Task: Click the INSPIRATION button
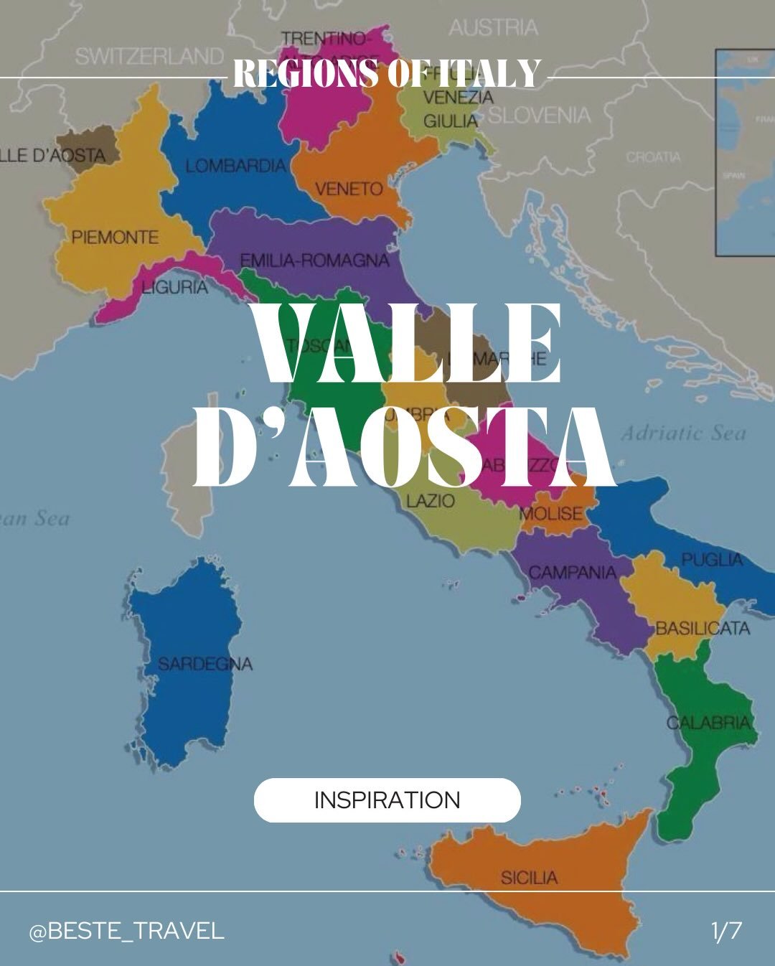[387, 799]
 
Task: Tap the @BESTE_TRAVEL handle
[126, 931]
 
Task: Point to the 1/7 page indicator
[726, 931]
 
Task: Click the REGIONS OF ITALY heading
[387, 73]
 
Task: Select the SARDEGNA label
[205, 664]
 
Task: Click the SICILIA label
[529, 877]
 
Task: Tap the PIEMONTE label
[115, 237]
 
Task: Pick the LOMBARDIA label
[235, 166]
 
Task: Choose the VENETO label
[349, 189]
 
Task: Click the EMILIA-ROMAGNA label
[314, 260]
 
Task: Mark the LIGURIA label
[174, 288]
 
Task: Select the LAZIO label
[431, 500]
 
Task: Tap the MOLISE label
[551, 513]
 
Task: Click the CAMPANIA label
[573, 572]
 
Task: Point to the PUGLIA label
[712, 559]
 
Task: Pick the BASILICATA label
[703, 629]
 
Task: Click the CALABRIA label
[708, 722]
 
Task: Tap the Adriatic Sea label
[683, 433]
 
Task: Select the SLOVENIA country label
[540, 115]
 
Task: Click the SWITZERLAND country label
[149, 56]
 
